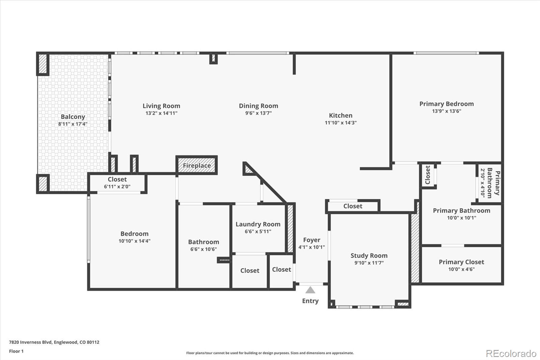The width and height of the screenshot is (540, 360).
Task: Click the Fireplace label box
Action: (197, 165)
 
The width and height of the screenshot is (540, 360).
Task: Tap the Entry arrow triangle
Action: (310, 290)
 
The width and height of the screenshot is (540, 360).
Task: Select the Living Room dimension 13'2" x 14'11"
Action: (161, 113)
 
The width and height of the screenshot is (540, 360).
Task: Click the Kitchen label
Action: (341, 115)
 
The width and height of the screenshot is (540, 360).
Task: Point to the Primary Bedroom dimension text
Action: (447, 111)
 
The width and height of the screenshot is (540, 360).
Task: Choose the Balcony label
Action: (73, 117)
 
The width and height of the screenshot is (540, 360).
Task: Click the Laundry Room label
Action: (258, 224)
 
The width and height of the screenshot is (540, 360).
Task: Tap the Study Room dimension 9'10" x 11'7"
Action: (369, 263)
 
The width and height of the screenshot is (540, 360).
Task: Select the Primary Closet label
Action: (461, 262)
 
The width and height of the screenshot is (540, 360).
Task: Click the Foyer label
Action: (312, 240)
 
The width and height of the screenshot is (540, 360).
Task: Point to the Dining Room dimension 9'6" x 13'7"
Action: (259, 113)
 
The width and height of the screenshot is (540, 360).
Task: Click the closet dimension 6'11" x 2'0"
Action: (117, 186)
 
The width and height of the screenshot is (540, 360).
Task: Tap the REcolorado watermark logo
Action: (511, 354)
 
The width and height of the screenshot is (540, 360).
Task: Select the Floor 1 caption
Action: (16, 351)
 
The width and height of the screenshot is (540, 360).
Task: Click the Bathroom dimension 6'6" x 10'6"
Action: (204, 249)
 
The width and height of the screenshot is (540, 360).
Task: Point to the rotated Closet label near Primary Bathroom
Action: (428, 175)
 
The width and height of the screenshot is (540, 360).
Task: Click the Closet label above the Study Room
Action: (353, 206)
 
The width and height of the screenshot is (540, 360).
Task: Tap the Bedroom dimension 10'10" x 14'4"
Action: (134, 241)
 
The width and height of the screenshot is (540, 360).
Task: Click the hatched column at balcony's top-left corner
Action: (43, 64)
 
